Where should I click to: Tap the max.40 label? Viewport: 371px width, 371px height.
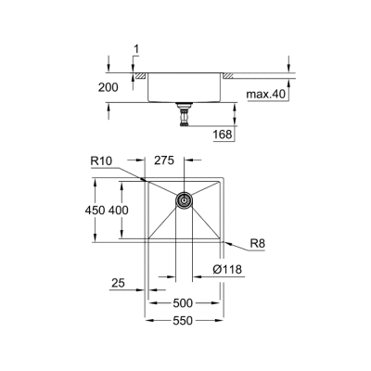tap(266, 95)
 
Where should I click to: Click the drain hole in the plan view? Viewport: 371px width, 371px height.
tap(183, 199)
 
